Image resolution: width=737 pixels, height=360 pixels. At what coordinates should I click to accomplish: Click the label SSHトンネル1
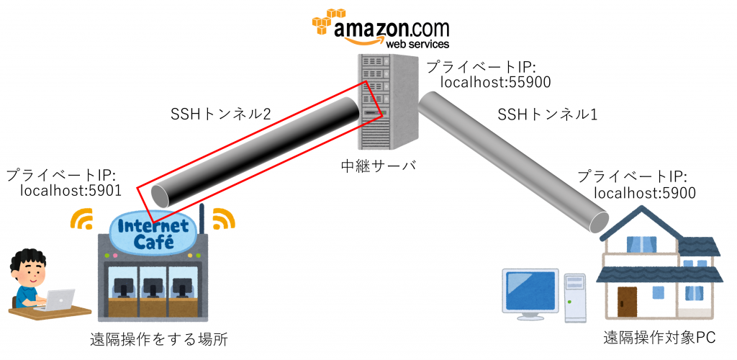[547, 114]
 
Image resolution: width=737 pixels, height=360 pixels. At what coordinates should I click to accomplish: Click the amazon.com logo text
[389, 30]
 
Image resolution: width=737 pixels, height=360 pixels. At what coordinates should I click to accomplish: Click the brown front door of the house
[628, 302]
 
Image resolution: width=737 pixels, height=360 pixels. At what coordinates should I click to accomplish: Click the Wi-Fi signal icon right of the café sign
[224, 218]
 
